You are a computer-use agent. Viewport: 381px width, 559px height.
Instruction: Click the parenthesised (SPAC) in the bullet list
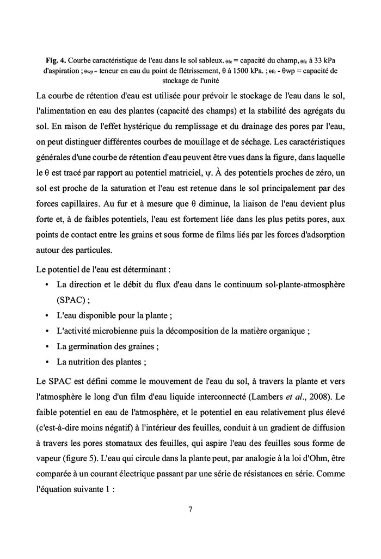[x=71, y=300]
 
